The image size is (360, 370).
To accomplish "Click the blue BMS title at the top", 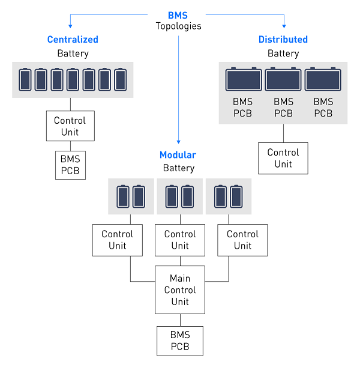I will [x=178, y=16].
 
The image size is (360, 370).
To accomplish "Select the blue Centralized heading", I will [x=73, y=40].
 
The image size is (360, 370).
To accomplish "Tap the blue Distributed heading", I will [x=283, y=40].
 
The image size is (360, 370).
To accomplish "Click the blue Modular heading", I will [x=178, y=155].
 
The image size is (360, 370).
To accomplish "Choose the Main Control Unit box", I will [x=179, y=290].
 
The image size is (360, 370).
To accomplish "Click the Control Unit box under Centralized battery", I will [x=70, y=126].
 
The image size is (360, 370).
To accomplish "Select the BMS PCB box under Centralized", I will [x=70, y=165].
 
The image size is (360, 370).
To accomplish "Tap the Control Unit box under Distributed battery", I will [x=283, y=158].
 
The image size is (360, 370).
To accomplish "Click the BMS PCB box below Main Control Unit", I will [x=179, y=341].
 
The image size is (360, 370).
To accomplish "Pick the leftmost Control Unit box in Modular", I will [x=118, y=240].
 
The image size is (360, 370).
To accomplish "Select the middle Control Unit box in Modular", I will [x=179, y=240].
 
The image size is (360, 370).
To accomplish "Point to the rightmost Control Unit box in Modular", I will [x=242, y=240].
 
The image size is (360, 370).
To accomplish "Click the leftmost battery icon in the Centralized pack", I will [x=25, y=79].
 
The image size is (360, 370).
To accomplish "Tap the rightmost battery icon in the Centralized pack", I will [x=121, y=79].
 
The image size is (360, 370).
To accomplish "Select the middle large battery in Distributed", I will [x=283, y=79].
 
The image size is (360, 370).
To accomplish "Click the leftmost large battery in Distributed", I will [x=243, y=79].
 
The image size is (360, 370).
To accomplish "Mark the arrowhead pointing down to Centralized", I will [x=71, y=26].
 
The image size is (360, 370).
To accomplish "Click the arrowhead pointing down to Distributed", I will [x=283, y=26].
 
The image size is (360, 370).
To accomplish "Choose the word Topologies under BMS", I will [x=178, y=26].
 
